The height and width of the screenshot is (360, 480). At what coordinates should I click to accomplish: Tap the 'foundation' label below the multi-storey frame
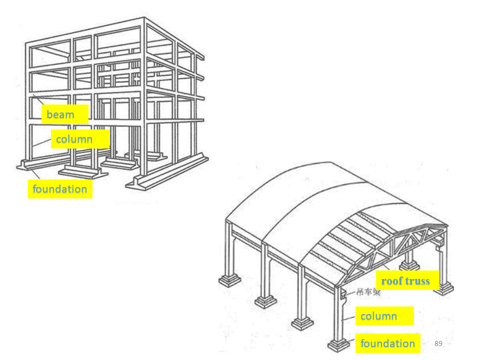pyautogui.click(x=60, y=189)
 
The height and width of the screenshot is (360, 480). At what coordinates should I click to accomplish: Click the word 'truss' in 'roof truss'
pyautogui.click(x=418, y=281)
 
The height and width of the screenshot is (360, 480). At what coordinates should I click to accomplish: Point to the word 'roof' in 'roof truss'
pyautogui.click(x=392, y=281)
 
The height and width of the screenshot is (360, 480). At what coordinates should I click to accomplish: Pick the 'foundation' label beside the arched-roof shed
pyautogui.click(x=387, y=343)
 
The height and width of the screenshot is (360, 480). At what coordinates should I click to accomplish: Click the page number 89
pyautogui.click(x=438, y=343)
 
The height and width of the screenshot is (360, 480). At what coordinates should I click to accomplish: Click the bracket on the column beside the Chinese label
pyautogui.click(x=344, y=295)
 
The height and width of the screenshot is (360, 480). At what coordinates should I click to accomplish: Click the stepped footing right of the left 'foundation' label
pyautogui.click(x=82, y=171)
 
